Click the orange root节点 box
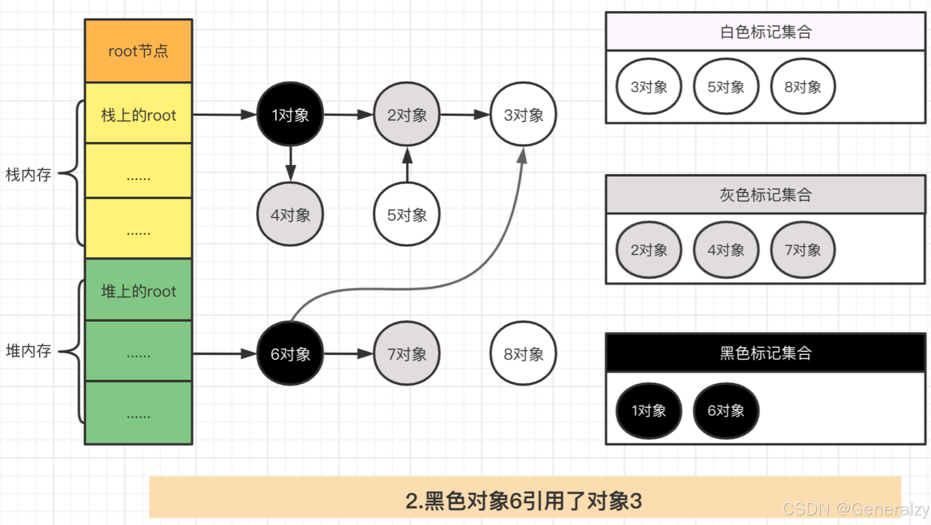pos(138,51)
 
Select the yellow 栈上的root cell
pos(138,115)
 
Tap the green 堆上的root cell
pos(138,291)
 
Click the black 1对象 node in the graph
pos(290,115)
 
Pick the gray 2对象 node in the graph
pos(407,115)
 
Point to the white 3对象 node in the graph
pos(523,115)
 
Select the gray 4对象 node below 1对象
pos(290,215)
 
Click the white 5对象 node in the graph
pos(407,215)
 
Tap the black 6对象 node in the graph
pos(290,354)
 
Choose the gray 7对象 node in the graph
pos(407,354)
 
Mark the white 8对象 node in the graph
pos(523,354)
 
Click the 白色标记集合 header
pos(765,32)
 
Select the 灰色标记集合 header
pos(765,194)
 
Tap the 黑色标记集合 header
pos(765,353)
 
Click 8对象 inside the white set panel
pos(802,87)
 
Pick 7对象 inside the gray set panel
pos(802,250)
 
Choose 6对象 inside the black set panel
pos(726,410)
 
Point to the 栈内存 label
pos(29,175)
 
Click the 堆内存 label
pos(29,351)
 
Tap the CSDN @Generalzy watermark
pos(855,509)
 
